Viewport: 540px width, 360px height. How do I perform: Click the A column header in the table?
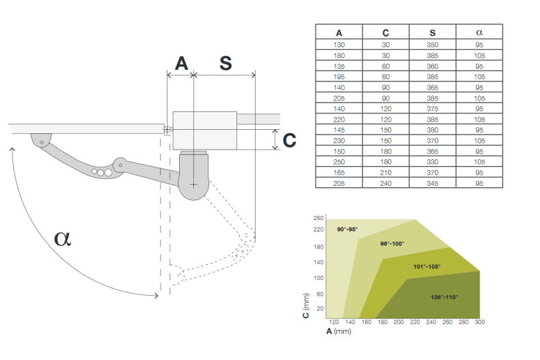coord(339,32)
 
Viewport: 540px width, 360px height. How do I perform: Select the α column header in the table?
coord(478,32)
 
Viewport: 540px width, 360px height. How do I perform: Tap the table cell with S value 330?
coord(432,162)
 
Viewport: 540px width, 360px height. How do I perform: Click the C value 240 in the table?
coord(386,182)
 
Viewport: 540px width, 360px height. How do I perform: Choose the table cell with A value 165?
coord(339,172)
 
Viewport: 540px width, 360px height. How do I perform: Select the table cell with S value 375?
coord(432,107)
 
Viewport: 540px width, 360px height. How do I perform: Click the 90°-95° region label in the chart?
coord(347,229)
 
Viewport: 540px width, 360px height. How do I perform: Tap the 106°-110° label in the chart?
coord(445,297)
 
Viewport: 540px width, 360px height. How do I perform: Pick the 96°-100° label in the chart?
coord(392,243)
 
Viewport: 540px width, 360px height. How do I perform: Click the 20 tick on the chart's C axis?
coord(319,309)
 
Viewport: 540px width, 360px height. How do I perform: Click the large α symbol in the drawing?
coord(63,238)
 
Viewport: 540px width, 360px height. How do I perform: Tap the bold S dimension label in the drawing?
coord(226,63)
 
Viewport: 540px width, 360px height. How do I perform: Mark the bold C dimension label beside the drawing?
coord(290,140)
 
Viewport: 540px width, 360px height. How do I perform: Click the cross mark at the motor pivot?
coord(194,184)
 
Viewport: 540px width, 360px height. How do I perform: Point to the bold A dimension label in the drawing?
coord(181,63)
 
